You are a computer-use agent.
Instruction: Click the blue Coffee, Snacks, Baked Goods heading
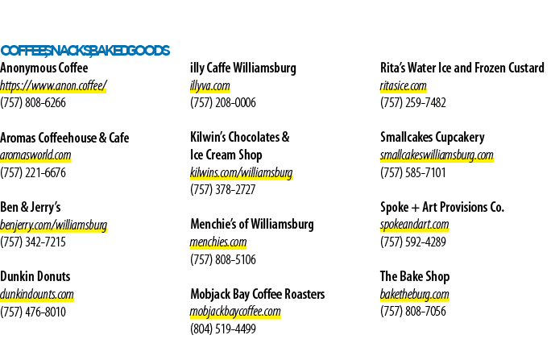coord(85,51)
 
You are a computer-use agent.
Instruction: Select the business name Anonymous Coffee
coord(44,68)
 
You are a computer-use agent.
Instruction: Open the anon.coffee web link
coord(53,85)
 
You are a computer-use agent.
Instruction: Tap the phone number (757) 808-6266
coord(33,103)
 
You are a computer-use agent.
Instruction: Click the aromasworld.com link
coord(35,155)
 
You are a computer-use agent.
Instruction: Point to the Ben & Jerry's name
coord(31,207)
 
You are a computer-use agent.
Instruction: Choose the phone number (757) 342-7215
coord(33,242)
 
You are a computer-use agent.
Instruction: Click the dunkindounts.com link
coord(37,294)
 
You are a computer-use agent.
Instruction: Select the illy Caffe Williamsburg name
coord(243,68)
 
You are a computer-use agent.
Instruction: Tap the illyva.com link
coord(210,85)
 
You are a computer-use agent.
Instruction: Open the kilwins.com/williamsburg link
coord(242,172)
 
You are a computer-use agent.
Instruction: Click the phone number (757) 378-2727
coord(223,189)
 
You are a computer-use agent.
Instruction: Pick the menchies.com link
coord(218,242)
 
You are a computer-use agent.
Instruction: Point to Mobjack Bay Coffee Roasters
coord(258,294)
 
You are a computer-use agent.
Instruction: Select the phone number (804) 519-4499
coord(223,329)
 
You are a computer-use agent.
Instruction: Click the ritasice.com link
coord(404,85)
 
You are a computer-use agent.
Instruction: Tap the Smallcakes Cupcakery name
coord(433,138)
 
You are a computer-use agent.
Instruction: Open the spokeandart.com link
coord(415,225)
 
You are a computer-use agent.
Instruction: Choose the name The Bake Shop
coord(415,276)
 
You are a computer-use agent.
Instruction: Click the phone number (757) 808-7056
coord(413,311)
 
